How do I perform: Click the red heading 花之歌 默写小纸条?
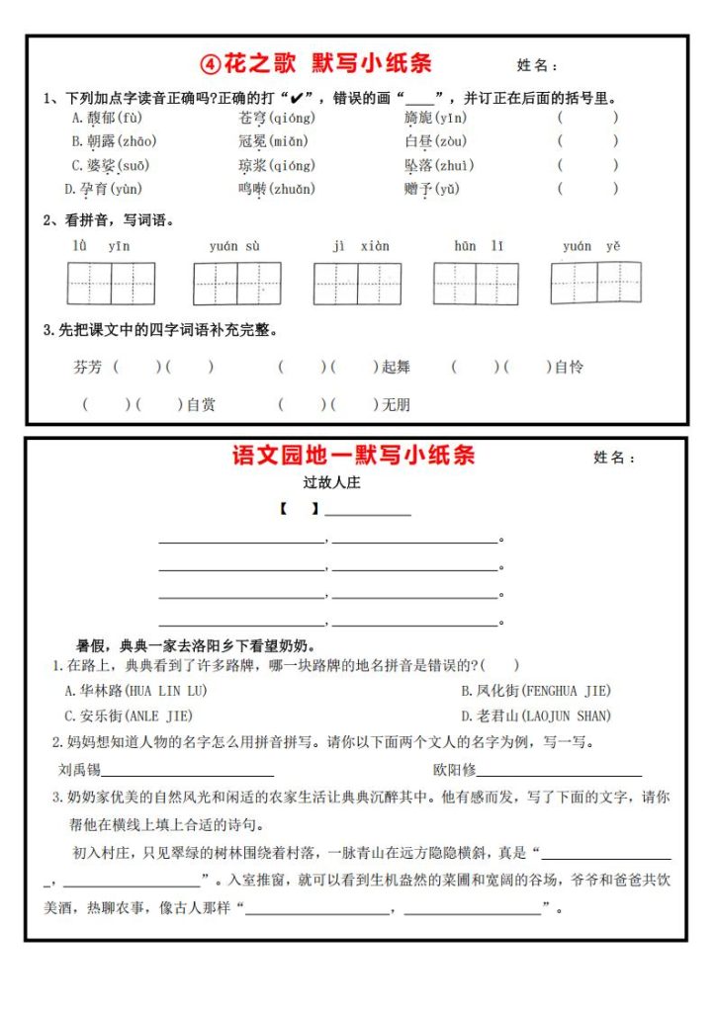tap(316, 63)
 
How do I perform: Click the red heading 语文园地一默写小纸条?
tap(353, 455)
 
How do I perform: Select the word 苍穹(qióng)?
tap(276, 117)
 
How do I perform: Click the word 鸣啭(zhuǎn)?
tap(276, 189)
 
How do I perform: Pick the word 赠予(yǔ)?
tap(431, 189)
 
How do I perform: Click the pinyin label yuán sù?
tap(234, 246)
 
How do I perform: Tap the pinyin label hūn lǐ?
tap(479, 246)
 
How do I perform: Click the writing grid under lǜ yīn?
tap(112, 284)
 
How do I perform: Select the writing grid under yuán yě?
tap(595, 283)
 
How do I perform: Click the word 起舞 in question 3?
tap(396, 367)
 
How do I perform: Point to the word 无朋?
tap(396, 404)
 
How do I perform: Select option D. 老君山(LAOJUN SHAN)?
tap(535, 716)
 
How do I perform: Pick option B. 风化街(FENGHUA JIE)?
tap(535, 691)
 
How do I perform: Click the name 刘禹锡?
tap(79, 769)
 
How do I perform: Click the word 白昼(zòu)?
tap(435, 141)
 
